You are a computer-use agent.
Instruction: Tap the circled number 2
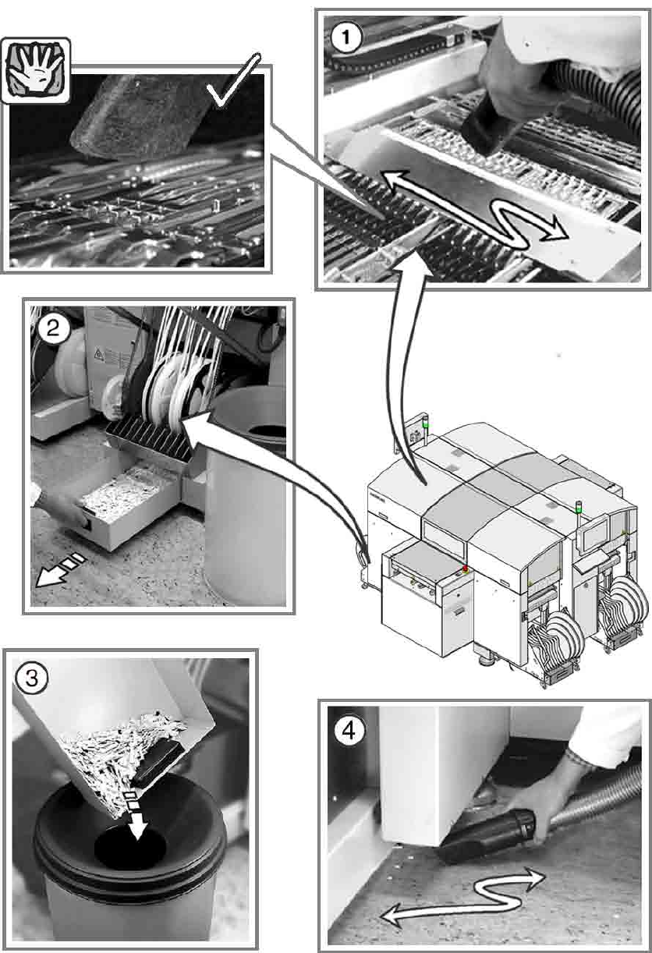[52, 329]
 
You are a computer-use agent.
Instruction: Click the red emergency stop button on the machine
[467, 569]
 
